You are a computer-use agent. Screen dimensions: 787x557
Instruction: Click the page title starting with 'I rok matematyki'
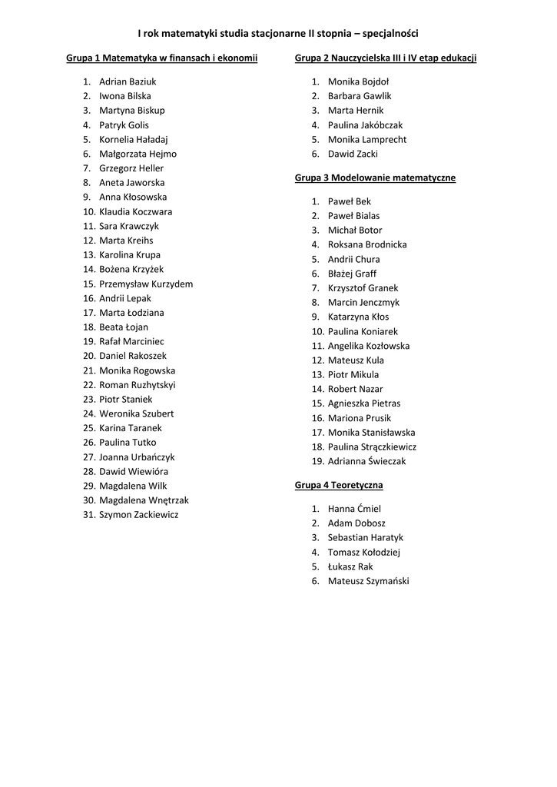pyautogui.click(x=278, y=33)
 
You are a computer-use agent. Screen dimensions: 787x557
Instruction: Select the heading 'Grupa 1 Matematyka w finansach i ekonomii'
pyautogui.click(x=161, y=58)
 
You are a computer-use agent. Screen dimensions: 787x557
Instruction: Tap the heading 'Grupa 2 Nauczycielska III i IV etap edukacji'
pyautogui.click(x=386, y=58)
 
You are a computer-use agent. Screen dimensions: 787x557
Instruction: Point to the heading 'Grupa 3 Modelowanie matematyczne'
pyautogui.click(x=375, y=178)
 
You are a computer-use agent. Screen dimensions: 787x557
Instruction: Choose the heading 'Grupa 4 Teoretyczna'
pyautogui.click(x=339, y=485)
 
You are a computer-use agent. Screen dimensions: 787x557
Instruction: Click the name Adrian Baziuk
pyautogui.click(x=128, y=81)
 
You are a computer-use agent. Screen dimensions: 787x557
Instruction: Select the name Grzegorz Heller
pyautogui.click(x=131, y=168)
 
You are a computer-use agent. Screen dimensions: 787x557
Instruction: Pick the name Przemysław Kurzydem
pyautogui.click(x=146, y=284)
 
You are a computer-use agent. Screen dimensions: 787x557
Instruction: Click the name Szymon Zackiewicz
pyautogui.click(x=138, y=515)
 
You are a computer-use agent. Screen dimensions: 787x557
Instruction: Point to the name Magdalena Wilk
pyautogui.click(x=133, y=486)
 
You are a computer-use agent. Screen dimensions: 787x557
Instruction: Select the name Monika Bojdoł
pyautogui.click(x=358, y=81)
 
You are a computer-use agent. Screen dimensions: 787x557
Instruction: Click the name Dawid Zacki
pyautogui.click(x=353, y=154)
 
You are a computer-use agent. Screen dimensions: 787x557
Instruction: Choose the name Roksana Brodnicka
pyautogui.click(x=367, y=244)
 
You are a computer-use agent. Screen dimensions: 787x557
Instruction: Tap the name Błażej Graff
pyautogui.click(x=352, y=274)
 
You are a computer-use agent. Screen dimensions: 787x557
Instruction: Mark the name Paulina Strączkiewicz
pyautogui.click(x=372, y=447)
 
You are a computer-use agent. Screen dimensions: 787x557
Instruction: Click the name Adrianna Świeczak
pyautogui.click(x=366, y=461)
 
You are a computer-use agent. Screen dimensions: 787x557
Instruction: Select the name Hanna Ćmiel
pyautogui.click(x=354, y=509)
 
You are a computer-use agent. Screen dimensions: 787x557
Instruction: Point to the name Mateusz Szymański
pyautogui.click(x=369, y=581)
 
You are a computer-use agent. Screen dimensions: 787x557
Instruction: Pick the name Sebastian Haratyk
pyautogui.click(x=366, y=538)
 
